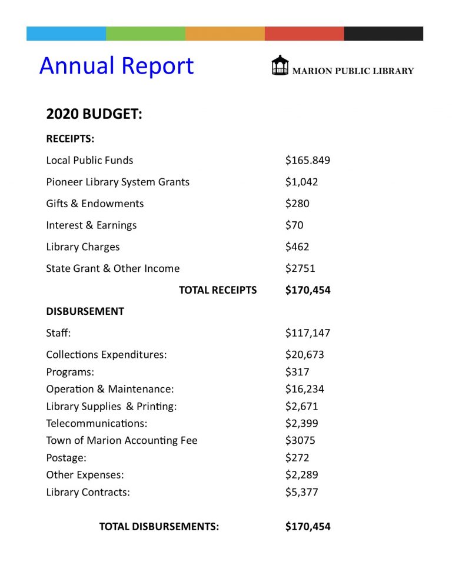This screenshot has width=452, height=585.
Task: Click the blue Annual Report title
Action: click(x=117, y=66)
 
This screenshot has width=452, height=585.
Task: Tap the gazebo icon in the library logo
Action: click(x=280, y=65)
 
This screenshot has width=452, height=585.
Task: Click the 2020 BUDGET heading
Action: click(x=94, y=114)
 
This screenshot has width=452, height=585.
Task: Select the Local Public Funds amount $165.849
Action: click(x=308, y=160)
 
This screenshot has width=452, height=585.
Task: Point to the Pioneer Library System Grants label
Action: click(x=118, y=182)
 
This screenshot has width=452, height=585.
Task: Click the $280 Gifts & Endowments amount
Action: click(x=297, y=204)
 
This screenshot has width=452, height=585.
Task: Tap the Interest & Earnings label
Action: click(x=91, y=225)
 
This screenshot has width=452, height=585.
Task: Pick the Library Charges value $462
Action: click(x=297, y=247)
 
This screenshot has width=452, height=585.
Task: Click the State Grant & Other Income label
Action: click(x=113, y=268)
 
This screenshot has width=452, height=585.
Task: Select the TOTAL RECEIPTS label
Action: click(x=218, y=290)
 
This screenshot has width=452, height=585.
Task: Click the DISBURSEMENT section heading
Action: click(x=85, y=311)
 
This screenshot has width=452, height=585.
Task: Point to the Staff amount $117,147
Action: click(x=308, y=333)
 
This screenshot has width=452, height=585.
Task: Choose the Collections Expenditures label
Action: click(x=107, y=355)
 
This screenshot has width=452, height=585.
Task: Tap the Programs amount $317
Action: click(x=297, y=372)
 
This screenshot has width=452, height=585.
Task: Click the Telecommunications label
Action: click(x=97, y=423)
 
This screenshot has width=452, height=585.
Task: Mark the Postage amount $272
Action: click(x=297, y=457)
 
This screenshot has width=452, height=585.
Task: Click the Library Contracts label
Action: click(x=88, y=492)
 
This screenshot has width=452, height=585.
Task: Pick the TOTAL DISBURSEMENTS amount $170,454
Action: click(x=308, y=527)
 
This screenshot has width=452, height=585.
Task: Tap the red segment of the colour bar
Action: click(x=304, y=34)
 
